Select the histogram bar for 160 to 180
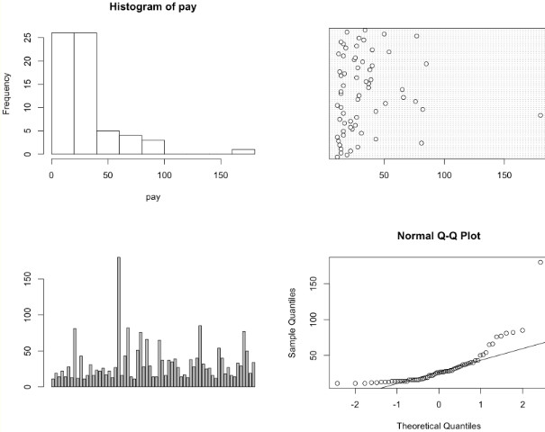click(x=243, y=151)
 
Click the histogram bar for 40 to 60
click(x=108, y=142)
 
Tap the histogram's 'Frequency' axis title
click(x=7, y=94)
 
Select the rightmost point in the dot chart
click(x=540, y=115)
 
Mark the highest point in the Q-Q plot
click(x=540, y=263)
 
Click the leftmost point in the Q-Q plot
click(x=337, y=383)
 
